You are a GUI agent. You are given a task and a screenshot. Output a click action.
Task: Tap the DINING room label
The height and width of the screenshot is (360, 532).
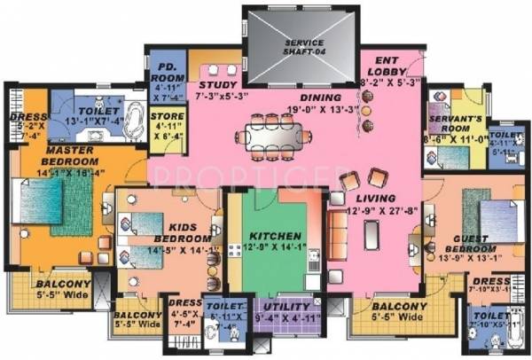tap(294, 98)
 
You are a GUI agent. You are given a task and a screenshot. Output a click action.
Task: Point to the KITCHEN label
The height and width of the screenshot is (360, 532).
tap(265, 237)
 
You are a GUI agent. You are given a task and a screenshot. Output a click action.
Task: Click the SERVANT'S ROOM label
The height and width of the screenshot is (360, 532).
tap(453, 123)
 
